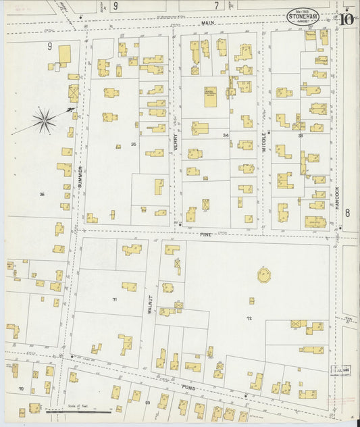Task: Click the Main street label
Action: [x=207, y=23]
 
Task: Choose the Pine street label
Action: [x=205, y=234]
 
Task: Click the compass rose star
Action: [x=45, y=121]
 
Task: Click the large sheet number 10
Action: [x=347, y=18]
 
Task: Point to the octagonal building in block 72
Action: [x=262, y=275]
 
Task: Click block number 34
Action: [x=226, y=136]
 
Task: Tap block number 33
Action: [x=300, y=136]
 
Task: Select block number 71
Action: [x=115, y=298]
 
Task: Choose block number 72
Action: [x=249, y=318]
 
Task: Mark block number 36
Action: [x=42, y=195]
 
